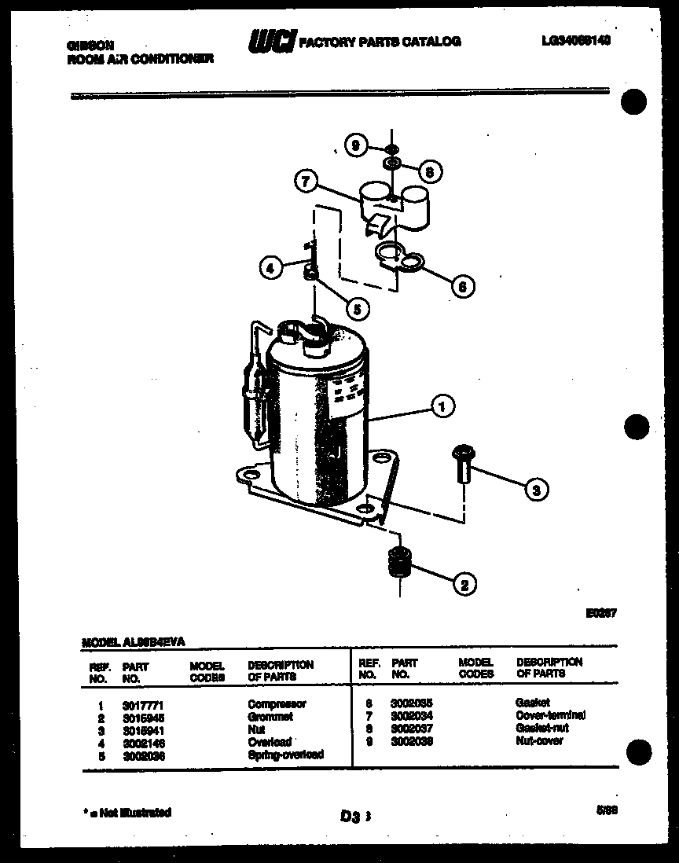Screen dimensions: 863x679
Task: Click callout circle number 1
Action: (443, 406)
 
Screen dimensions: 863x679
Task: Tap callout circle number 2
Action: (464, 583)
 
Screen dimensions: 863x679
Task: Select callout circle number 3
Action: (537, 489)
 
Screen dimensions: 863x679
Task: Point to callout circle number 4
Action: (270, 268)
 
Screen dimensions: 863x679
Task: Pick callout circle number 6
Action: (463, 287)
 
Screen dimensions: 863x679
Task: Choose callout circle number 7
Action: (306, 182)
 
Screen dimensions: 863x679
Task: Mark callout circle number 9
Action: (356, 145)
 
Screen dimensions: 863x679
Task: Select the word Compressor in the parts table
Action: (277, 704)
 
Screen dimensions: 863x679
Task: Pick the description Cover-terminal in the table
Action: (550, 715)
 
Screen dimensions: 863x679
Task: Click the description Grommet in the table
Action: (270, 717)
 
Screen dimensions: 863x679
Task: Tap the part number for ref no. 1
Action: (142, 705)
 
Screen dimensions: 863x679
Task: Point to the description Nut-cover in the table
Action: (539, 740)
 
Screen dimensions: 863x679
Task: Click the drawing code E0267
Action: (598, 613)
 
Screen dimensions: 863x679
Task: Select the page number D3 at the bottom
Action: (351, 817)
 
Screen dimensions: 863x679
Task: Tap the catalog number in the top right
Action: (575, 41)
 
